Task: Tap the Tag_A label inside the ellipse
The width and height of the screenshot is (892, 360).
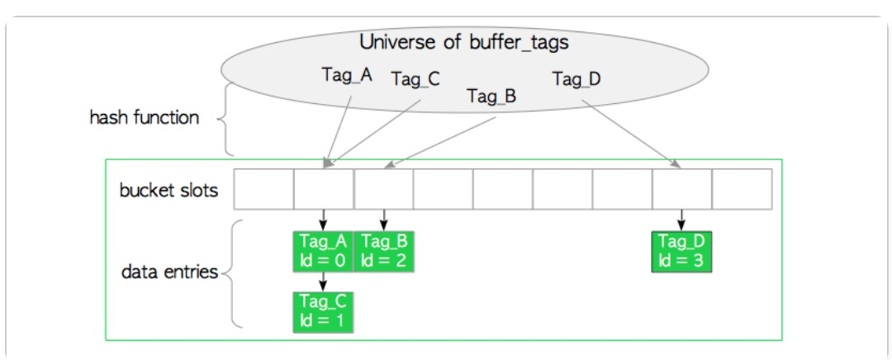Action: click(x=346, y=75)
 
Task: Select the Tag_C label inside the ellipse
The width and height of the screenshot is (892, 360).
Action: click(x=415, y=79)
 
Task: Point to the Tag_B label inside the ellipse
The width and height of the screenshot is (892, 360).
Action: click(x=491, y=97)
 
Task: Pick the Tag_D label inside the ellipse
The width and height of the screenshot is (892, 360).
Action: click(x=576, y=79)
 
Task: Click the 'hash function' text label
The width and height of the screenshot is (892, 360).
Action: click(x=145, y=117)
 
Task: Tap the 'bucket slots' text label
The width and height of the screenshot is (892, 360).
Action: click(x=169, y=191)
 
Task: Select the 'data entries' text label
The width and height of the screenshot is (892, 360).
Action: click(x=169, y=272)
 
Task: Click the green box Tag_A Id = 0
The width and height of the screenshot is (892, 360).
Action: click(x=323, y=251)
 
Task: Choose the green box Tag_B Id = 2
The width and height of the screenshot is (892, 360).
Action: click(x=384, y=251)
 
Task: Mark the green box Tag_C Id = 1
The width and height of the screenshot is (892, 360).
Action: click(x=323, y=311)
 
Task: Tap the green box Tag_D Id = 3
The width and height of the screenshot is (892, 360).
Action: click(x=681, y=251)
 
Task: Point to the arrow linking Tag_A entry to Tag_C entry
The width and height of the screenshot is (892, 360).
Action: click(x=323, y=281)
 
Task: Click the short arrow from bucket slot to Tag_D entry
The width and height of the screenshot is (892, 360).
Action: click(x=681, y=220)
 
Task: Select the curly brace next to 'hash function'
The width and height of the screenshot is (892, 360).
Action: click(x=225, y=120)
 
